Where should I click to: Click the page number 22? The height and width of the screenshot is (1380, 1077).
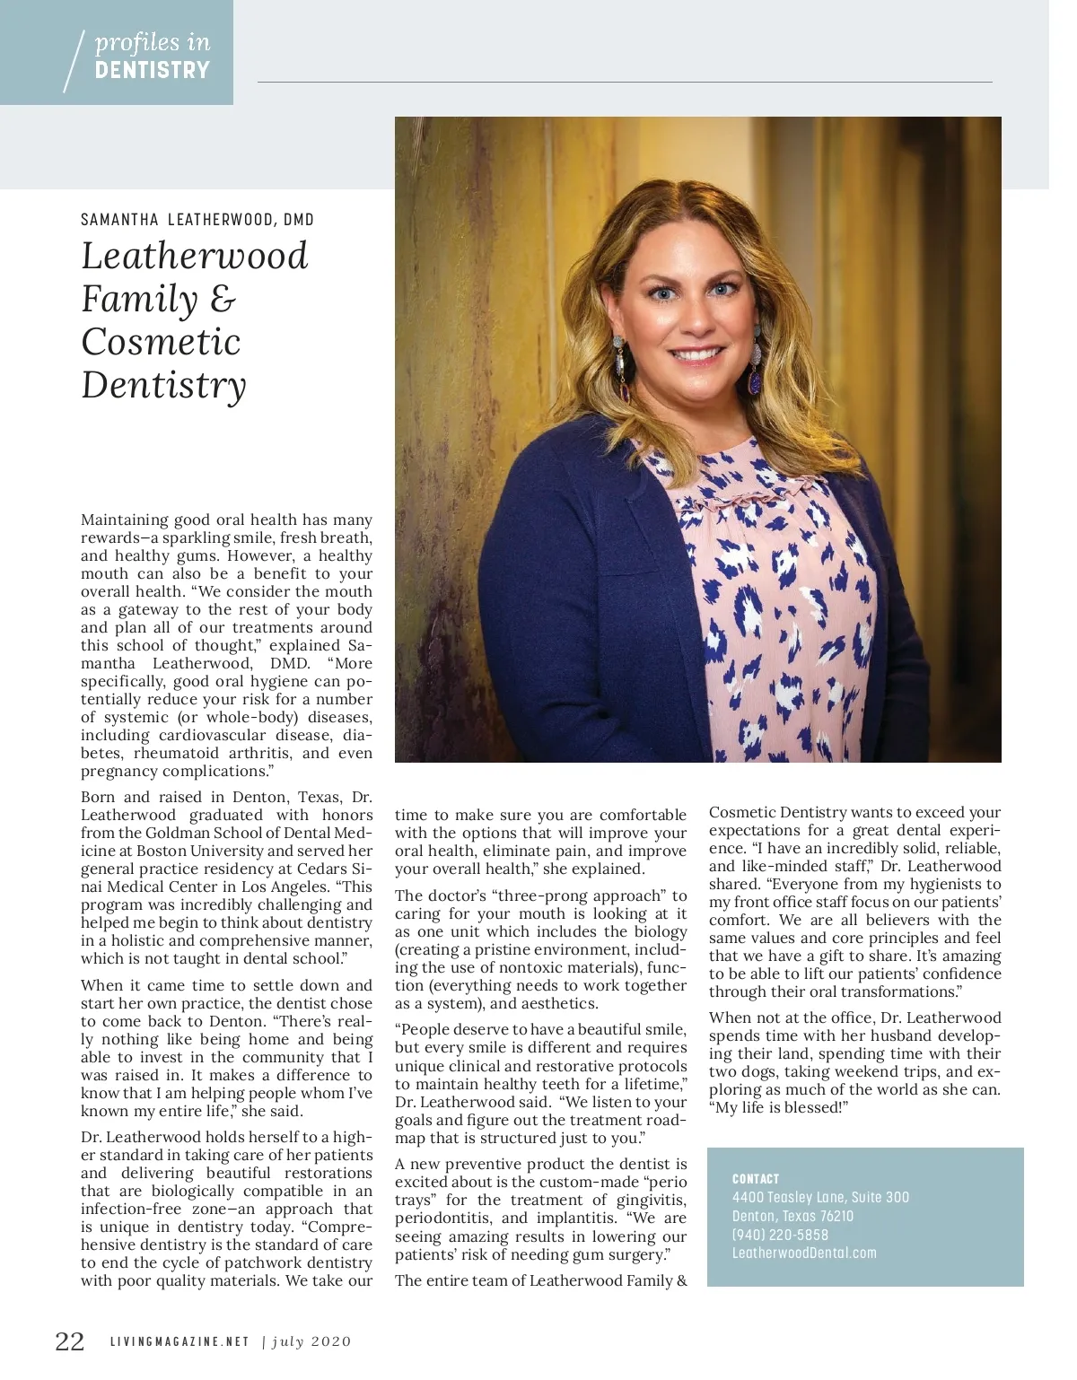tap(70, 1341)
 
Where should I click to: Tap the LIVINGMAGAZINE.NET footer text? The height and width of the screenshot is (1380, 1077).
tap(179, 1342)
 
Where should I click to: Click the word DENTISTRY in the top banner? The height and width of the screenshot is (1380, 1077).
tap(153, 70)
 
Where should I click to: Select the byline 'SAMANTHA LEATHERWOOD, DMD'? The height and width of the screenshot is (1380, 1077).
tap(197, 220)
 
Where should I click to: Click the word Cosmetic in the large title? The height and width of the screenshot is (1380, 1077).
tap(162, 342)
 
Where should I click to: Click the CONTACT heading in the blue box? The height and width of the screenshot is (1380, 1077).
tap(756, 1179)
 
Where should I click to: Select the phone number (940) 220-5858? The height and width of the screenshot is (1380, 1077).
tap(780, 1235)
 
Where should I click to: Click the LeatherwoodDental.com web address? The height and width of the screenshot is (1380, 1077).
tap(804, 1253)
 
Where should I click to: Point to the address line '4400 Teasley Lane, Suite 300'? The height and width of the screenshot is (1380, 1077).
tap(820, 1197)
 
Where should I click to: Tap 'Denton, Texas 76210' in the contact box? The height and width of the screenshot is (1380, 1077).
tap(792, 1216)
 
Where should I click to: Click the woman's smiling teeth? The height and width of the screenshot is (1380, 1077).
tap(696, 355)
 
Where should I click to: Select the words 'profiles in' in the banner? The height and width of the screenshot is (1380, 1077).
tap(153, 42)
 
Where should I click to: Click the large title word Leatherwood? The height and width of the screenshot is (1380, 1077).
tap(195, 256)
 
